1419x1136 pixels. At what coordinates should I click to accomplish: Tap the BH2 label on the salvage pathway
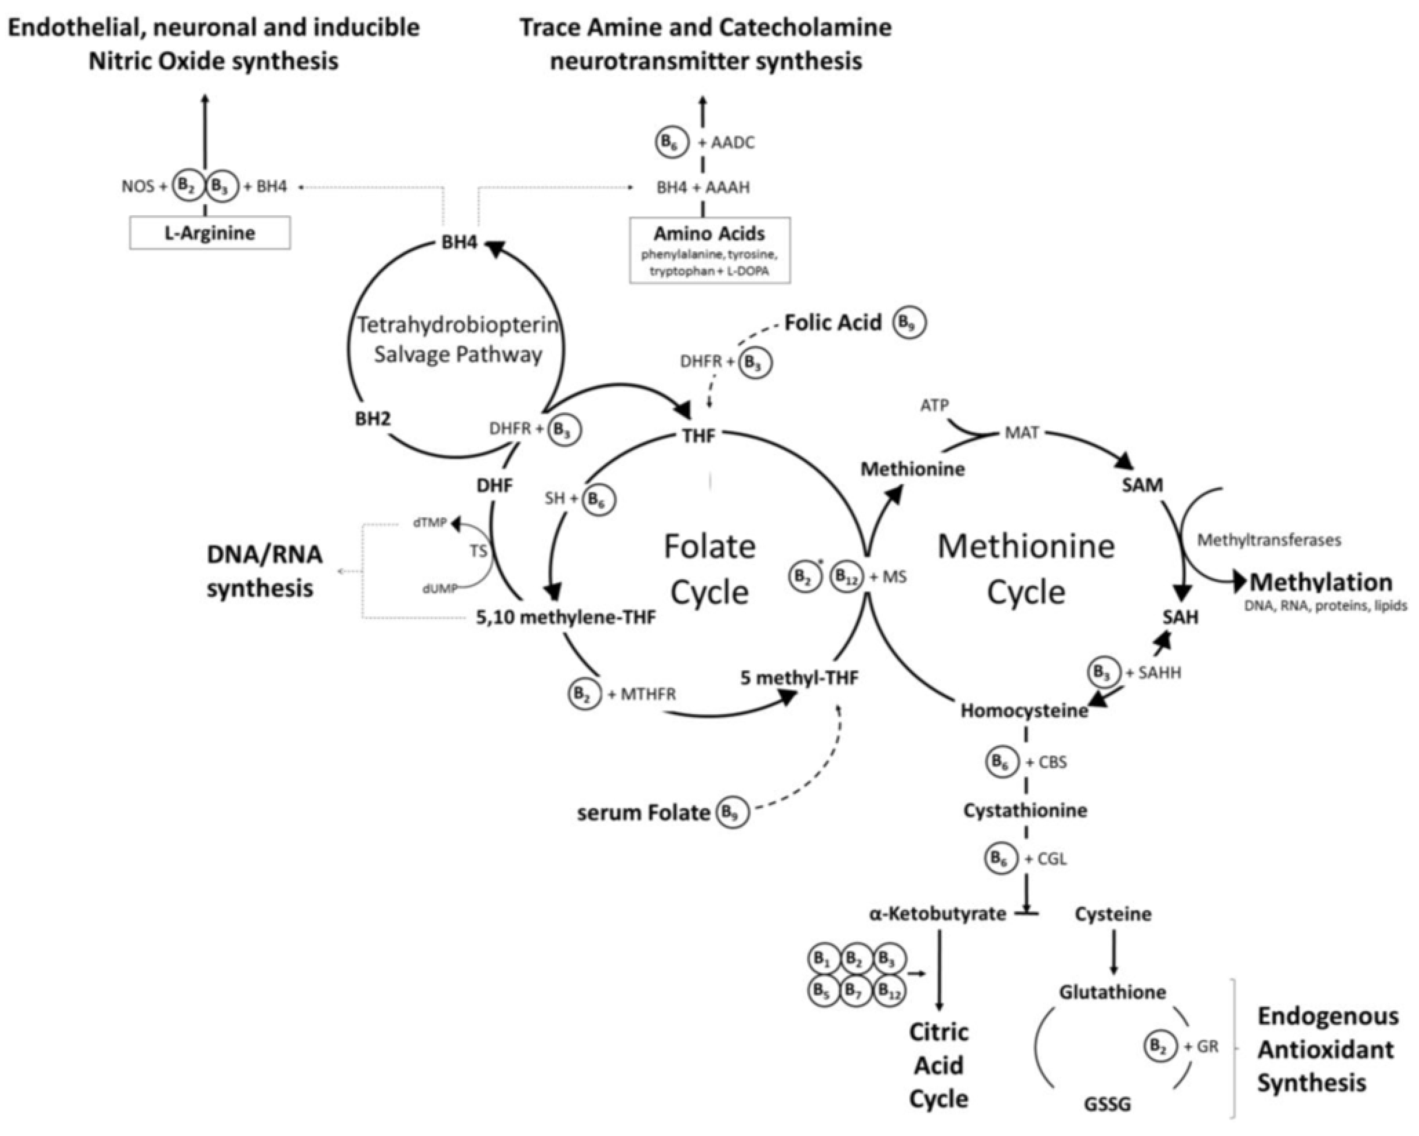click(x=372, y=419)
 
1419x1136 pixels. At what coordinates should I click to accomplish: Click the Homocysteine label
click(x=1024, y=711)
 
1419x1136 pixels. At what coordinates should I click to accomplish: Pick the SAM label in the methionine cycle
click(x=1143, y=485)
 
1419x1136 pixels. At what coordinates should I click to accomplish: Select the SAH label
click(x=1180, y=617)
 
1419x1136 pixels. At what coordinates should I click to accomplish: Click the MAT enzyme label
click(x=1022, y=433)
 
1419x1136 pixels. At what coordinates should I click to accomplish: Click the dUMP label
click(x=440, y=589)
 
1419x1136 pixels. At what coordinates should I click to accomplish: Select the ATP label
click(x=935, y=405)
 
